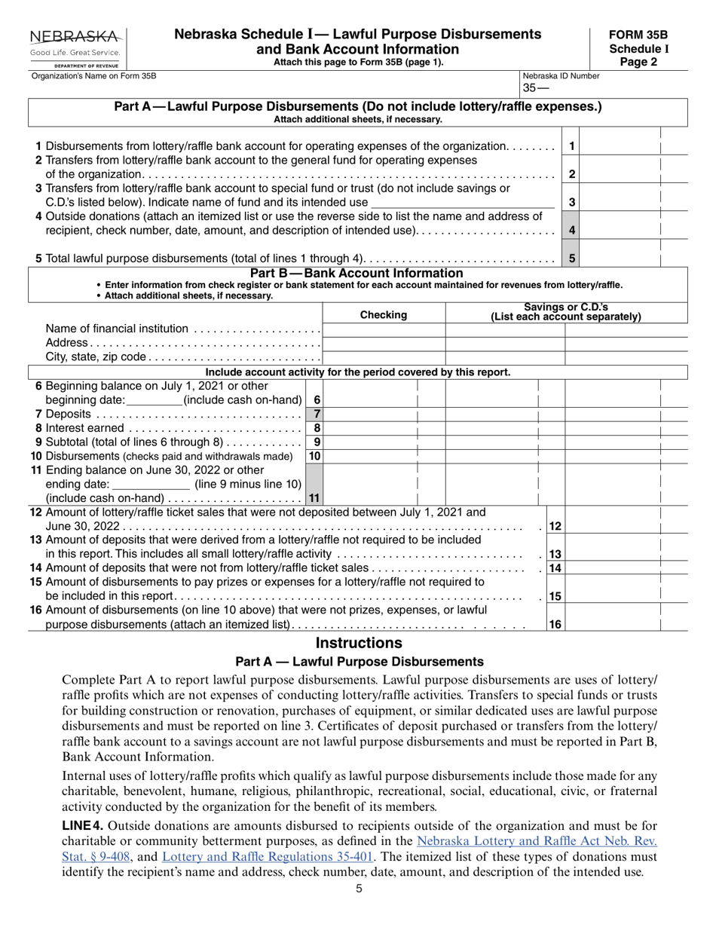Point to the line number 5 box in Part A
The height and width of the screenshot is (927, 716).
click(x=572, y=259)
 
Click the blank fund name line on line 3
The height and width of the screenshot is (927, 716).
click(x=463, y=202)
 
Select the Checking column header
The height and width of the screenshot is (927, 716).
click(x=383, y=315)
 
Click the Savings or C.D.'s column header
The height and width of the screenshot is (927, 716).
click(x=565, y=312)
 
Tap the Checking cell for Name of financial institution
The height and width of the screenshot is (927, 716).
click(x=383, y=329)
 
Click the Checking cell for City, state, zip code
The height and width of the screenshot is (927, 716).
click(x=383, y=357)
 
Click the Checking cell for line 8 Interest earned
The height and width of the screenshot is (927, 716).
click(x=369, y=428)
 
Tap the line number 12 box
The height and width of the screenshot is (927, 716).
click(x=555, y=526)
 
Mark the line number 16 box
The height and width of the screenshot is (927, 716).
click(x=555, y=624)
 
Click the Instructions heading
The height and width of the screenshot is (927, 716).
click(x=358, y=643)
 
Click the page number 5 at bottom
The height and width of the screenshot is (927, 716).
click(x=360, y=889)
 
